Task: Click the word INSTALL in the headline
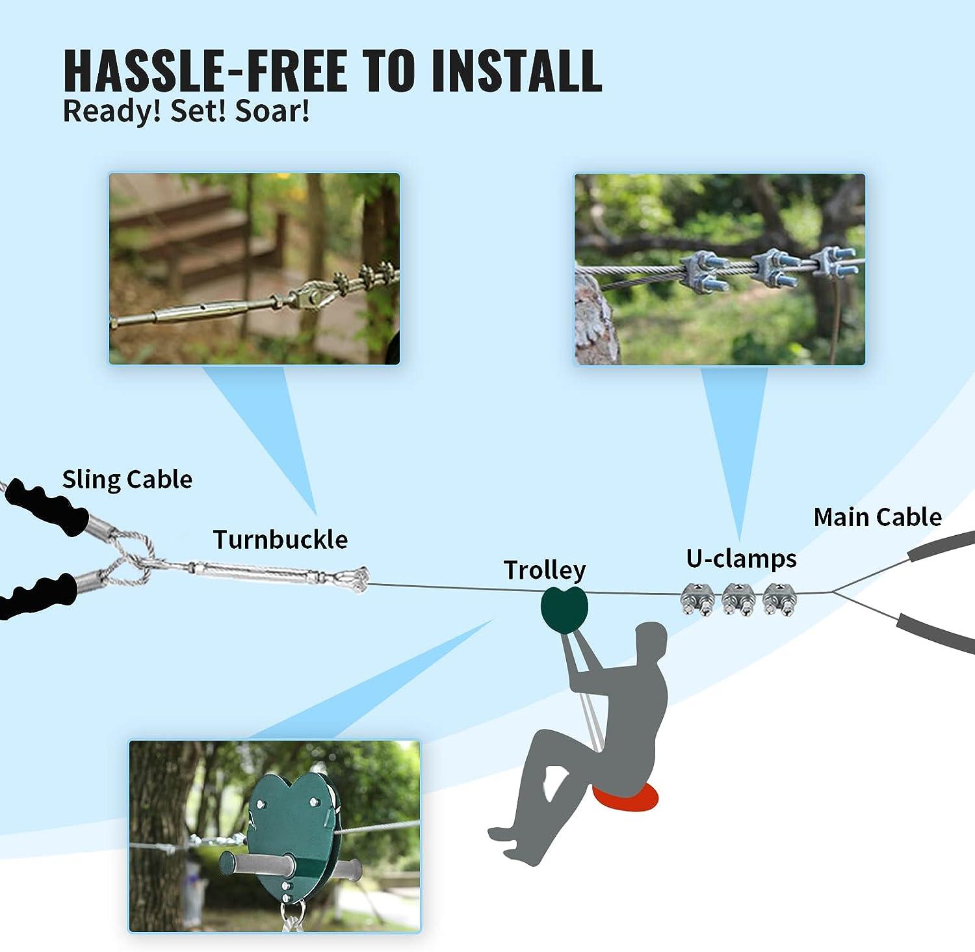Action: (515, 70)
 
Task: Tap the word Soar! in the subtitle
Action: (272, 111)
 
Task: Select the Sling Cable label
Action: (127, 479)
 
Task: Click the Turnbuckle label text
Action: (280, 540)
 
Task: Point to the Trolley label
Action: (545, 570)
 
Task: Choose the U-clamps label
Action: (741, 559)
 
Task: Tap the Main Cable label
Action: (877, 517)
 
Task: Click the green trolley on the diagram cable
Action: (564, 609)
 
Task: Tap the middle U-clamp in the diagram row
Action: (738, 599)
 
